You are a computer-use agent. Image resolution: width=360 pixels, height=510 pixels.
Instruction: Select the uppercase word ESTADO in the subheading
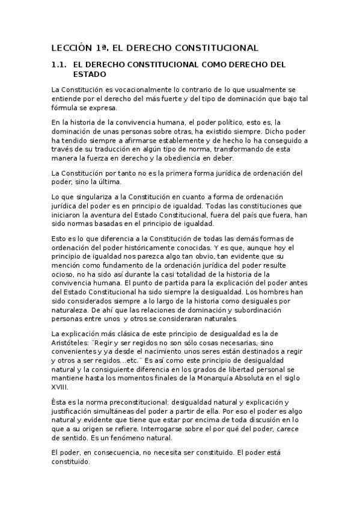pos(90,74)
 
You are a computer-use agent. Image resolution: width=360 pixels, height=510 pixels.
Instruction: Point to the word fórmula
pos(65,108)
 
